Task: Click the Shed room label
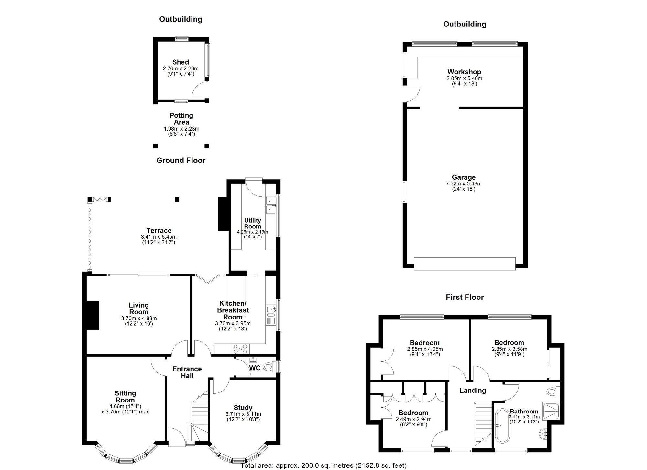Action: (x=181, y=62)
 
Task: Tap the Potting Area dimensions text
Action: (x=181, y=131)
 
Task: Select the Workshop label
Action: (x=464, y=72)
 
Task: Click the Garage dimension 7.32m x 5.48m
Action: (x=464, y=184)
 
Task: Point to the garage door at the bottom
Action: (x=465, y=264)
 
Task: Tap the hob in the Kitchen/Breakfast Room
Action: (x=240, y=349)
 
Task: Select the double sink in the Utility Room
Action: (x=270, y=206)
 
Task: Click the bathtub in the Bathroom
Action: (x=502, y=426)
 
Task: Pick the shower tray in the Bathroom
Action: (x=552, y=410)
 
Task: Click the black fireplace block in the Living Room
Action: (x=93, y=315)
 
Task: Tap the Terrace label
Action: (x=159, y=231)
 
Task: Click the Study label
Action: (x=243, y=408)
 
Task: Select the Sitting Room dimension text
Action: (x=125, y=409)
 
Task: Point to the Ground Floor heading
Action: (x=181, y=161)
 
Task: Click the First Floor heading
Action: (x=465, y=297)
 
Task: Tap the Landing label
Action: (x=473, y=391)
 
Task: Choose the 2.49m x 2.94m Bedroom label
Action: (x=413, y=413)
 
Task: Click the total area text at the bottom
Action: (x=323, y=465)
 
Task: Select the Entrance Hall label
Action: (x=187, y=372)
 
